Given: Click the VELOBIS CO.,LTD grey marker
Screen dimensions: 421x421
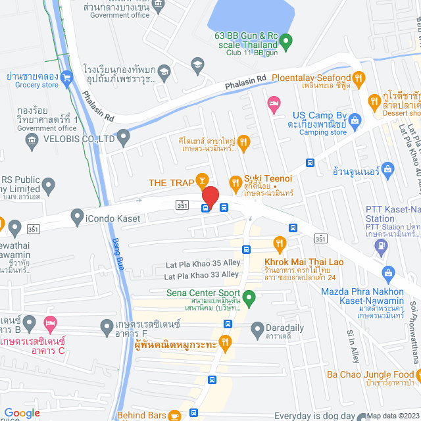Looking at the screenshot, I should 123,138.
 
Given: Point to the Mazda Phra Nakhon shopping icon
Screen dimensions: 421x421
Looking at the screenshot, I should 389,272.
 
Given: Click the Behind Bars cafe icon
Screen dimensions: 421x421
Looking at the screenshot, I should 174,415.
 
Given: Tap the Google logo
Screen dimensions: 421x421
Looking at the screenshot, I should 22,412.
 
